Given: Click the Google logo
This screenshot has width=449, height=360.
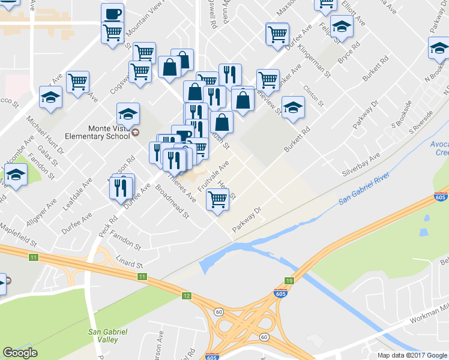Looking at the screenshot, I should [x=20, y=353].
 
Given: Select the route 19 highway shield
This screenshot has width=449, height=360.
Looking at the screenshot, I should [x=289, y=281].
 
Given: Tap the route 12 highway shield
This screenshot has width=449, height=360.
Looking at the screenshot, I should [x=187, y=296].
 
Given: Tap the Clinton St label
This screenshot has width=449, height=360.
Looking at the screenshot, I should [x=314, y=95].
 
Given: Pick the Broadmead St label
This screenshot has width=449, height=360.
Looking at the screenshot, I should [x=173, y=205].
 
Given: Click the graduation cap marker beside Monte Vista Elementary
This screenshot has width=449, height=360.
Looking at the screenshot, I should [x=128, y=113].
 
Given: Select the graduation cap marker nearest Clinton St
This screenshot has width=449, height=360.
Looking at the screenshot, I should [x=293, y=107].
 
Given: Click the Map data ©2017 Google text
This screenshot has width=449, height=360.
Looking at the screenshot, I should [x=412, y=355].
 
